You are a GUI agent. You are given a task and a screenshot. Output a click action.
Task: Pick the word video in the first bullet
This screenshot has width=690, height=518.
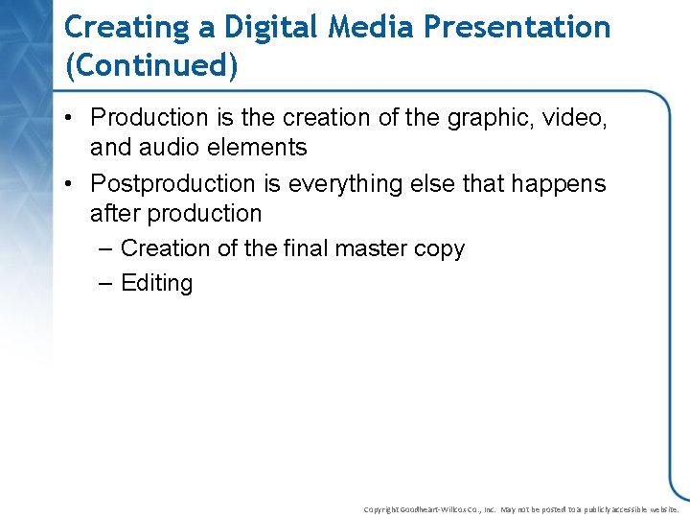[x=578, y=118]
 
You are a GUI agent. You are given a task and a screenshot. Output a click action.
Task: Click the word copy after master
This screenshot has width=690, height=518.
[x=438, y=249]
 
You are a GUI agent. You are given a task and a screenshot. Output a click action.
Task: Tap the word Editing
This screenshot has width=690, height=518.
[x=157, y=284]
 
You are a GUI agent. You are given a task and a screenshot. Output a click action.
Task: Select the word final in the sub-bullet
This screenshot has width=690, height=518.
[x=305, y=248]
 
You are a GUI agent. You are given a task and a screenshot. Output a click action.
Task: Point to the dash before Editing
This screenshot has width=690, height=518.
[x=105, y=284]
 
